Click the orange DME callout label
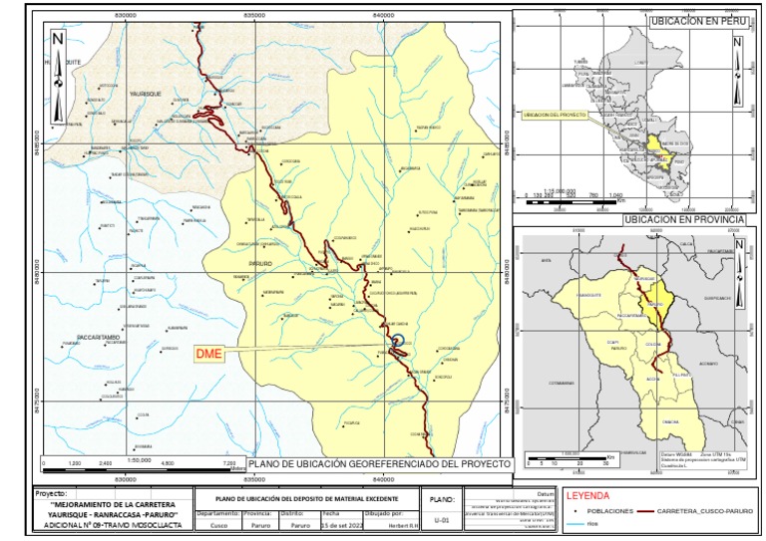coord(207,354)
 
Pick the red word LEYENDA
coord(589,494)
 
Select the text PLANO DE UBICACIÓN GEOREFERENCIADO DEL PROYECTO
coord(379,464)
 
